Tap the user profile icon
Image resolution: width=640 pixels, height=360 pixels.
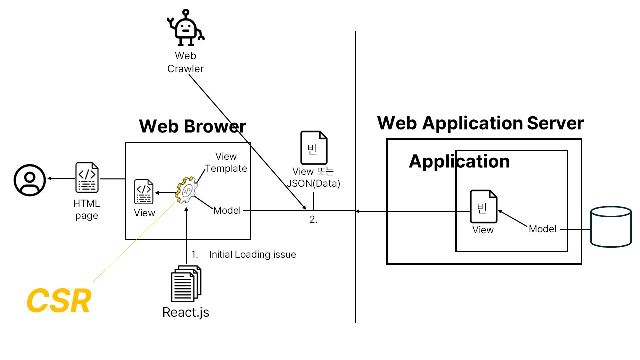[x=30, y=180]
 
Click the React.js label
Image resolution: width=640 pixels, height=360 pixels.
[x=186, y=313]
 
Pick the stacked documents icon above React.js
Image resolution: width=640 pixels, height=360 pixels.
[x=186, y=284]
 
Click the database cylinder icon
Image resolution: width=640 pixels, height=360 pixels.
[x=610, y=228]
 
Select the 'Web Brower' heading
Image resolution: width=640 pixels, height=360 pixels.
[x=192, y=126]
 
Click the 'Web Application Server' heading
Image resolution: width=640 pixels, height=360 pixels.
[x=480, y=123]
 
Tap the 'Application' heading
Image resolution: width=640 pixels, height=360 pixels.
[x=459, y=161]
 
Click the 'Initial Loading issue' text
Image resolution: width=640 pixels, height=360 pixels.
[x=252, y=255]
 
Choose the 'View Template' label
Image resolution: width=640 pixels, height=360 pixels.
[x=226, y=162]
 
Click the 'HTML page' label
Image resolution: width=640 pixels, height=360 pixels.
[x=87, y=210]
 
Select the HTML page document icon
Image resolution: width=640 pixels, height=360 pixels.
[x=87, y=178]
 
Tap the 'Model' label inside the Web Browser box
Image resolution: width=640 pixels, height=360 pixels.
[x=227, y=211]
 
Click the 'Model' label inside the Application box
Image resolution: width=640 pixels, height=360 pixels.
[x=543, y=229]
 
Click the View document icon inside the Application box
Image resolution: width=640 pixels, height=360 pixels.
[x=483, y=206]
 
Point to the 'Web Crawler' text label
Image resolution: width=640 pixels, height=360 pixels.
[x=185, y=62]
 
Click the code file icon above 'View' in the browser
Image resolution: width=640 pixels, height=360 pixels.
[x=144, y=192]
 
